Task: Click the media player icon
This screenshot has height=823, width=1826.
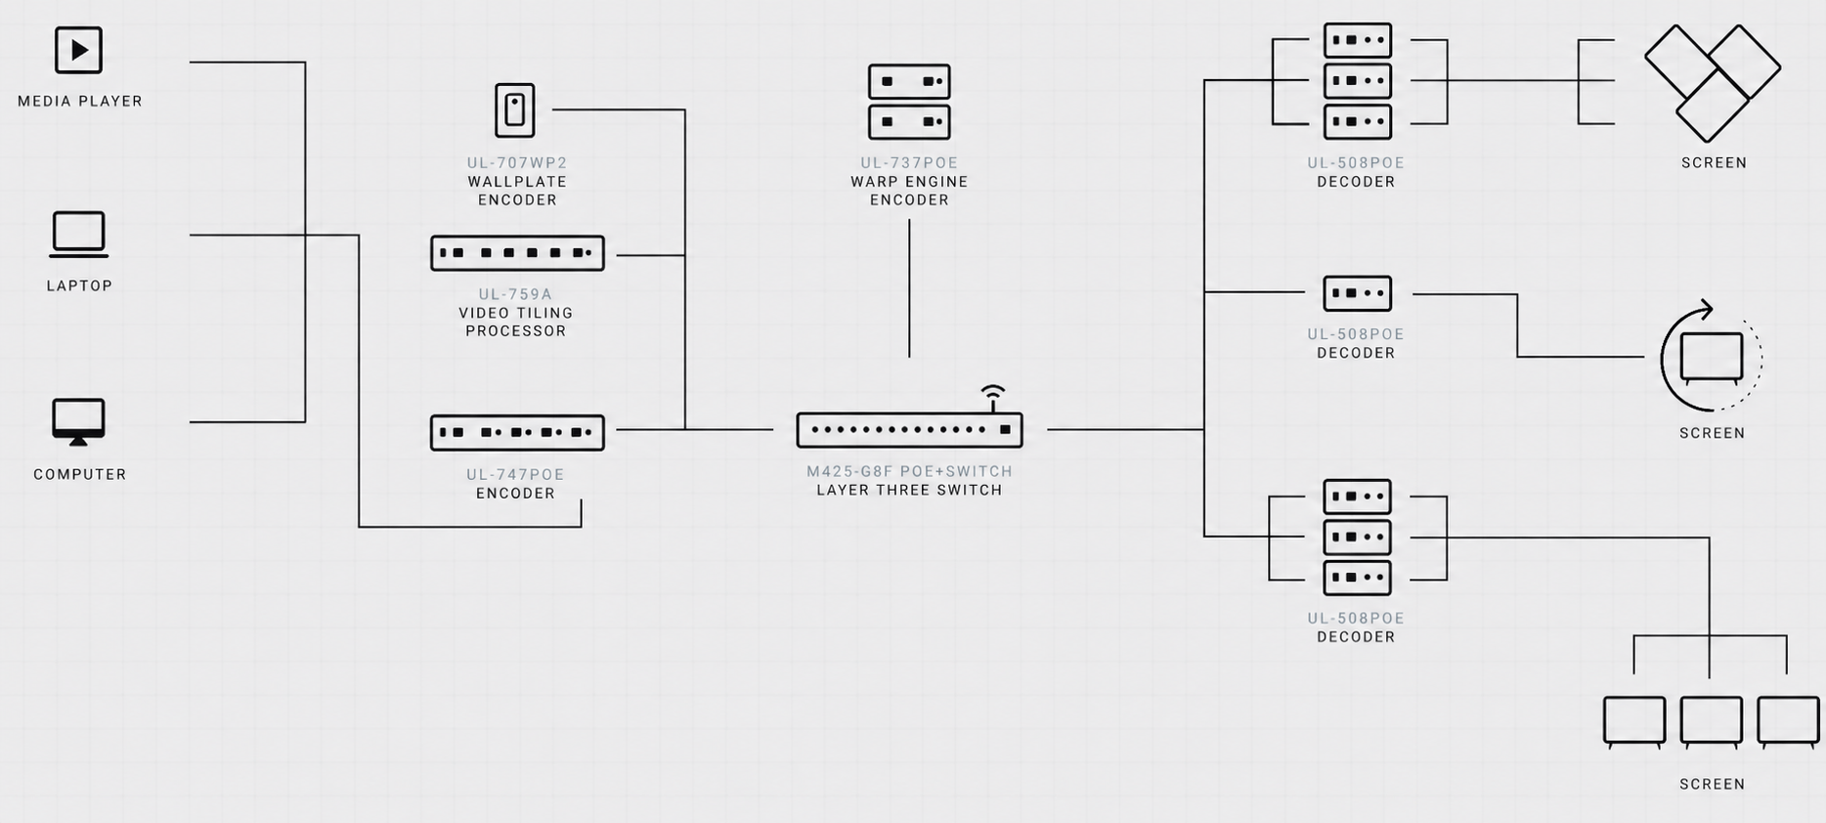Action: (x=78, y=50)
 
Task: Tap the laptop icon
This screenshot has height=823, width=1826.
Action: (x=79, y=235)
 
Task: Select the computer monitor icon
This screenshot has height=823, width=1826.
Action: (x=78, y=422)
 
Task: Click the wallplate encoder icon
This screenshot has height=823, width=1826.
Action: (x=515, y=109)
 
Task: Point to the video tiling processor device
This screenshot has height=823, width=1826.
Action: (x=517, y=253)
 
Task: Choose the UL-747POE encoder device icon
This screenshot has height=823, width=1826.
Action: (x=517, y=432)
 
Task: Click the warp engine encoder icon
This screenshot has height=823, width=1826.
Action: (x=909, y=102)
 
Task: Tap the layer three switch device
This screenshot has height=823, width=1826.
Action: (x=909, y=430)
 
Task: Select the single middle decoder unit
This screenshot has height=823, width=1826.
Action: (x=1357, y=293)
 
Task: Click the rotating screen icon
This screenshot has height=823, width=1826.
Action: (x=1711, y=358)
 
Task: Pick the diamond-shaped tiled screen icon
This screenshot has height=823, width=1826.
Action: (x=1713, y=83)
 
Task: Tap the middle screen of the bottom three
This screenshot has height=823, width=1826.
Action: (x=1711, y=722)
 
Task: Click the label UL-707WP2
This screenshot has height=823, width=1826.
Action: (x=517, y=163)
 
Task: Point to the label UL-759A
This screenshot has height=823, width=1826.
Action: (x=515, y=294)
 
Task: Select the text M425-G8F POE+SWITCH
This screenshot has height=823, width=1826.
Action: (x=909, y=471)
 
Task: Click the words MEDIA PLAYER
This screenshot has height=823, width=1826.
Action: (x=80, y=101)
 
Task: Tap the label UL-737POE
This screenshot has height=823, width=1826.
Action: (x=909, y=163)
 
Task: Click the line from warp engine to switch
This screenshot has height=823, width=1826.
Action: (x=909, y=288)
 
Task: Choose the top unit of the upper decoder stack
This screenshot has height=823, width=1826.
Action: (x=1357, y=40)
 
